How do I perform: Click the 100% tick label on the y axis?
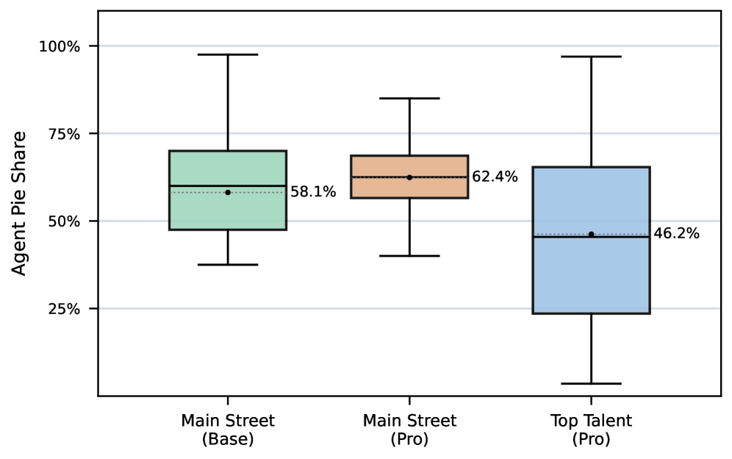(59, 46)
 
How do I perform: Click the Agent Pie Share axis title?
(20, 203)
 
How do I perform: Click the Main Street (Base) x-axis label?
(228, 430)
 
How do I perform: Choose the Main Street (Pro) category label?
(409, 430)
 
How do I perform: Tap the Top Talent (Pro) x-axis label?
(591, 430)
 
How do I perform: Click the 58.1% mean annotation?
(313, 193)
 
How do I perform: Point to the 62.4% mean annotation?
(495, 177)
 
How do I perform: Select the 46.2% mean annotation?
(676, 235)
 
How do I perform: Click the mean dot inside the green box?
(228, 192)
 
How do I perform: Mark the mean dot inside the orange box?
(409, 177)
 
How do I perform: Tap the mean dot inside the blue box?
(591, 234)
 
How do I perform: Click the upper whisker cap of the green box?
(228, 54)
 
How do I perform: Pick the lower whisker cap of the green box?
(228, 264)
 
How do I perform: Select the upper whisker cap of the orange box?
(409, 98)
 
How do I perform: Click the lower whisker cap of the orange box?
(409, 256)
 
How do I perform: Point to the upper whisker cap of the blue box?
(591, 57)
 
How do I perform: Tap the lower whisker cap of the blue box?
(591, 383)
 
